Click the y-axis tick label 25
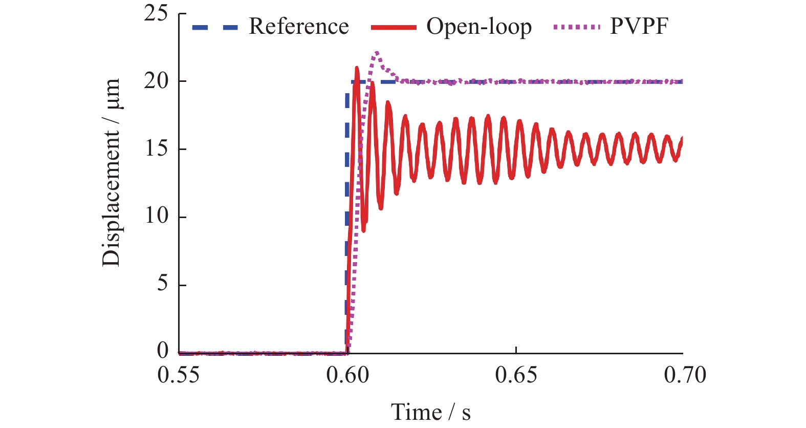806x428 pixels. [x=156, y=13]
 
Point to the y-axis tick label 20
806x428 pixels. [x=156, y=81]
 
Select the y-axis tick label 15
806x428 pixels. [x=156, y=148]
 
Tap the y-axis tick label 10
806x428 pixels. [x=156, y=216]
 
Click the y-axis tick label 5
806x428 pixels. [x=162, y=284]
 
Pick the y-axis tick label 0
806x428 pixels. [x=162, y=351]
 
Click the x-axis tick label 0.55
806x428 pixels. [x=179, y=375]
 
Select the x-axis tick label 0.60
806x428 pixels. [x=347, y=375]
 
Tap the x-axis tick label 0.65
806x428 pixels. [x=516, y=375]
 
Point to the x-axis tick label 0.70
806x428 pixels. [x=685, y=375]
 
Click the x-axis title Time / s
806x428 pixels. [x=430, y=412]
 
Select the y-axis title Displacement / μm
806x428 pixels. [x=111, y=173]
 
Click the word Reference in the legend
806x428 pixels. [x=298, y=27]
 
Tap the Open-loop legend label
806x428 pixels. [x=479, y=27]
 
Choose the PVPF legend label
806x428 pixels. [x=639, y=27]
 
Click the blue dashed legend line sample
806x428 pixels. [x=215, y=27]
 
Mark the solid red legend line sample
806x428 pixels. [x=394, y=27]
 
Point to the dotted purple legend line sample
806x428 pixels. [x=576, y=27]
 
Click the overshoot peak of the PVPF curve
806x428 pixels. [x=377, y=52]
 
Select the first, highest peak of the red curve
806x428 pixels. [x=357, y=68]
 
